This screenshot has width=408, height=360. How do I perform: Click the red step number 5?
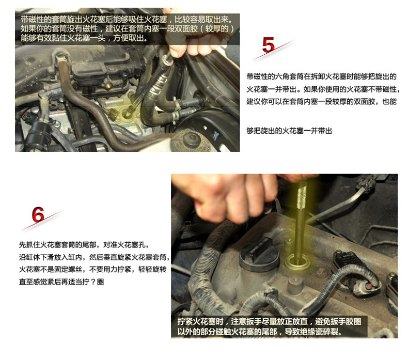click(268, 45)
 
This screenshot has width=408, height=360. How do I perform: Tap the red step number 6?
click(38, 214)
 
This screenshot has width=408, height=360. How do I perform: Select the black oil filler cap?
click(259, 254)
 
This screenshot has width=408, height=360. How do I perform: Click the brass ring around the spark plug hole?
click(298, 263)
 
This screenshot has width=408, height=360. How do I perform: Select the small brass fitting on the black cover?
click(109, 85)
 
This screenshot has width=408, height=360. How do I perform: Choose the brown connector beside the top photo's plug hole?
click(114, 113)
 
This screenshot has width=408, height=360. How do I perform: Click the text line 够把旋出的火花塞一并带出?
click(289, 130)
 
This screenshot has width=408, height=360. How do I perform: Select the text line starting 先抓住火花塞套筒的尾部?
click(84, 245)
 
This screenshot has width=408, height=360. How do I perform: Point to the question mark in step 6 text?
click(93, 281)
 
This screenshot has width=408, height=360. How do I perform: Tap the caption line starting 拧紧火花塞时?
click(269, 321)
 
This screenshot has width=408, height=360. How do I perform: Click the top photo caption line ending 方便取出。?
click(85, 38)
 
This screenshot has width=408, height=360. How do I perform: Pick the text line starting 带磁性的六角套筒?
click(322, 76)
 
